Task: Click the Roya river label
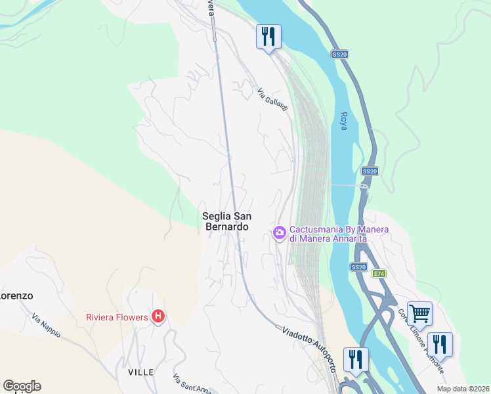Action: [x=343, y=121]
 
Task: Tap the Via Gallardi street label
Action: [x=272, y=100]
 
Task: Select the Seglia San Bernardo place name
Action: [x=225, y=221]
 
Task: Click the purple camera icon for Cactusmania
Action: [x=279, y=232]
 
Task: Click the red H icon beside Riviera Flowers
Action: [x=158, y=317]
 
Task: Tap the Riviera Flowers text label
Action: [x=117, y=317]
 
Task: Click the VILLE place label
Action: [x=140, y=372]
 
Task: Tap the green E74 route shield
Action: [x=379, y=273]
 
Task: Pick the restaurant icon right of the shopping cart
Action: [x=439, y=343]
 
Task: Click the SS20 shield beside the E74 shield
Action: [x=358, y=267]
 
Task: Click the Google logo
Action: [x=22, y=386]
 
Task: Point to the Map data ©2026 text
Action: [x=463, y=389]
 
